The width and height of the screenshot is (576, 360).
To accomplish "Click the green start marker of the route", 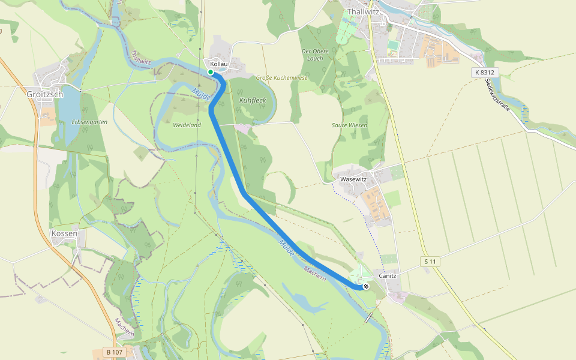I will [211, 72].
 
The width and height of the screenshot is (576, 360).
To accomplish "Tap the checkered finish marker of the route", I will [365, 286].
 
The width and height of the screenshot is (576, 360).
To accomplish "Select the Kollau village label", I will [219, 64].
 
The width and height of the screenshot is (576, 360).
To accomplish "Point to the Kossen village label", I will [64, 233].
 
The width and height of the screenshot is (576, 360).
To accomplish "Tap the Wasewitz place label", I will [353, 179].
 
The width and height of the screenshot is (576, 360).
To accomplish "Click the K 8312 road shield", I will [484, 72].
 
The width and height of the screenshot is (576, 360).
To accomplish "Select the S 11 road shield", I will [428, 261].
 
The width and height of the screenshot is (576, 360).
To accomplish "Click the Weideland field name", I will [187, 125].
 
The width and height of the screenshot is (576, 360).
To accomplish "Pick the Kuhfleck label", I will [252, 100].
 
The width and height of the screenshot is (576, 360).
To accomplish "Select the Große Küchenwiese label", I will [281, 78].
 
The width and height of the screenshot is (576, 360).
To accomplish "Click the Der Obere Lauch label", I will [315, 55].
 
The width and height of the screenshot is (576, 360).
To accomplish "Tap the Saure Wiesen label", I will [349, 125].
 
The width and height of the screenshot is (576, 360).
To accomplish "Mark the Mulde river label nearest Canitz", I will [286, 247].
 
